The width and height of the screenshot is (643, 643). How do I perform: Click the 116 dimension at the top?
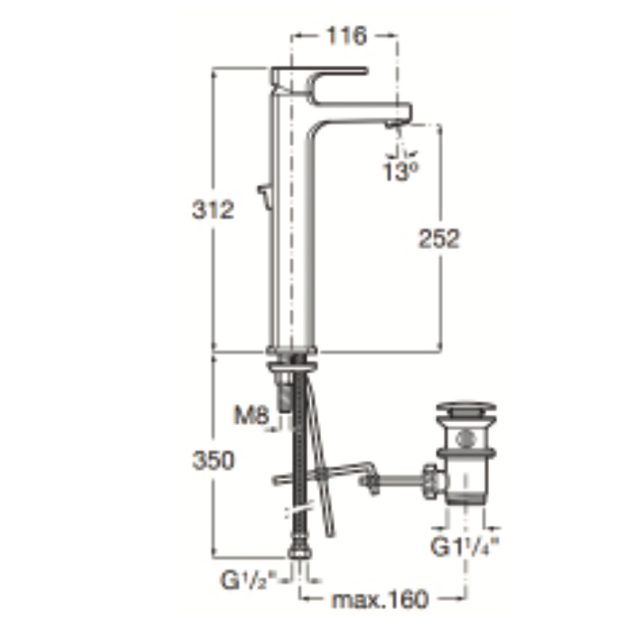346,36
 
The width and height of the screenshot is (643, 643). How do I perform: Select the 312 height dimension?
213,210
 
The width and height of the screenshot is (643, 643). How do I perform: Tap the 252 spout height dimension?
439,238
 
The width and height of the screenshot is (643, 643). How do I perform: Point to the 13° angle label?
401,171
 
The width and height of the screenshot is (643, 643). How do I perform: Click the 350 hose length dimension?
213,460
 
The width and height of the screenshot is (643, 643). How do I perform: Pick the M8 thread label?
252,415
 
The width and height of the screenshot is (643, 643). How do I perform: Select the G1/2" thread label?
249,579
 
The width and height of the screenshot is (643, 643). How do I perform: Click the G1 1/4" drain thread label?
465,546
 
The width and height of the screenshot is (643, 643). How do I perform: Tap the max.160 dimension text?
380,600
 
